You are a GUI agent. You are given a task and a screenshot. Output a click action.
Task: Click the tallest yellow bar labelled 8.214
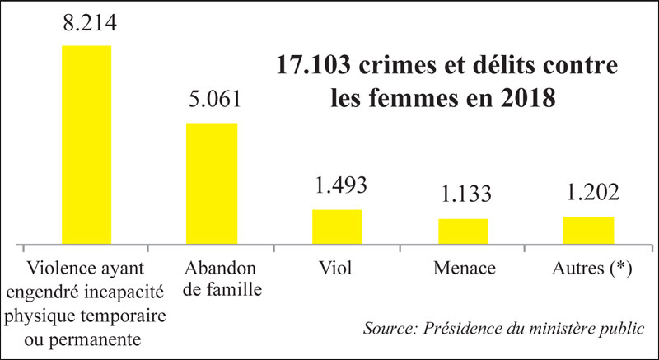(87, 145)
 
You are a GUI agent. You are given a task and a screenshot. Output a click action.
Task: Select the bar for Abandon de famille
(211, 184)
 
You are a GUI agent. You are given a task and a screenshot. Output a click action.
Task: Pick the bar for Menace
(463, 231)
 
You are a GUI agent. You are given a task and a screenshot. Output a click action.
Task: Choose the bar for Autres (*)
(588, 231)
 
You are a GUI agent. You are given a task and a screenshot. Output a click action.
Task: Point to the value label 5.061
(212, 101)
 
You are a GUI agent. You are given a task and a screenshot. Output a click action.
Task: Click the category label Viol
(336, 269)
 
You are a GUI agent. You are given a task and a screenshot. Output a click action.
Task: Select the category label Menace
(462, 269)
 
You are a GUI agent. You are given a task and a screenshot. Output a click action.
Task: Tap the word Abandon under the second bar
(211, 269)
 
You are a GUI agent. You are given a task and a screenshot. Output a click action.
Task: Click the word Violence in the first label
(59, 269)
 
